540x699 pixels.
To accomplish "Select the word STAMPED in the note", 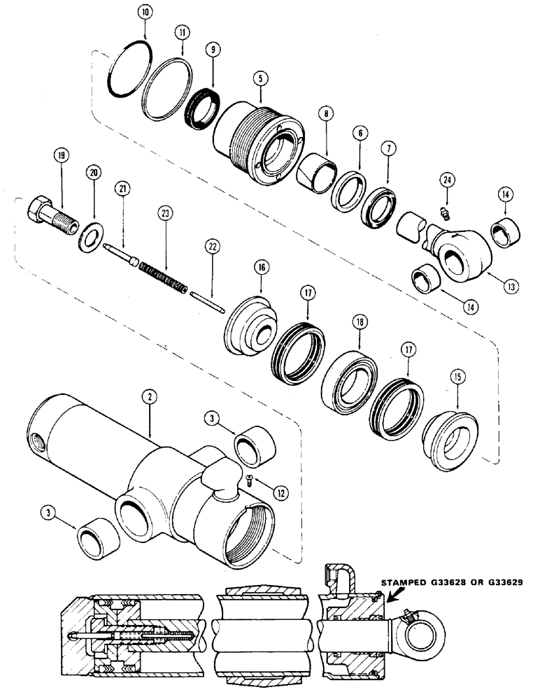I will (x=402, y=581).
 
